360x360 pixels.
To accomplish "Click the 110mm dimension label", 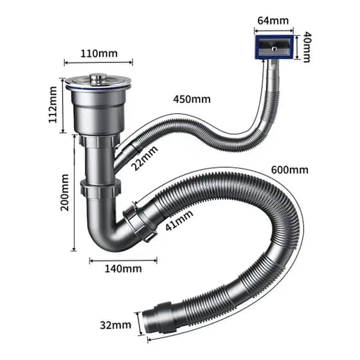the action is point(99,54).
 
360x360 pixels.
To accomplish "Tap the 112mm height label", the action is point(53,105).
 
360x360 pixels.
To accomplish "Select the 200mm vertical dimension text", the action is point(65,192).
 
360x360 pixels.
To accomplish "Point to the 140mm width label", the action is point(123,269).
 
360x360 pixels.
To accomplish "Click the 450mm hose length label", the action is point(192,100).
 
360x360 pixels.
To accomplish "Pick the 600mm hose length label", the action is point(289,170).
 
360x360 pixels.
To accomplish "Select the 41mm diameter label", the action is point(179,221).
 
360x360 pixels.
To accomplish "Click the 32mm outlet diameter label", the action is point(116,325).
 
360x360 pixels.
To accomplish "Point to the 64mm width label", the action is point(273,21).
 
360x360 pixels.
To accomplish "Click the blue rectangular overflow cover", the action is point(274,47).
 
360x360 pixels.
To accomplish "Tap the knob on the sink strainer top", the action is point(96,78).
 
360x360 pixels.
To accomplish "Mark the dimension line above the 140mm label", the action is point(123,260).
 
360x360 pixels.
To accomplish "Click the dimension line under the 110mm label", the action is point(98,62).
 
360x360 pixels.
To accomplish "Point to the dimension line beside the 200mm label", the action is point(74,192).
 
